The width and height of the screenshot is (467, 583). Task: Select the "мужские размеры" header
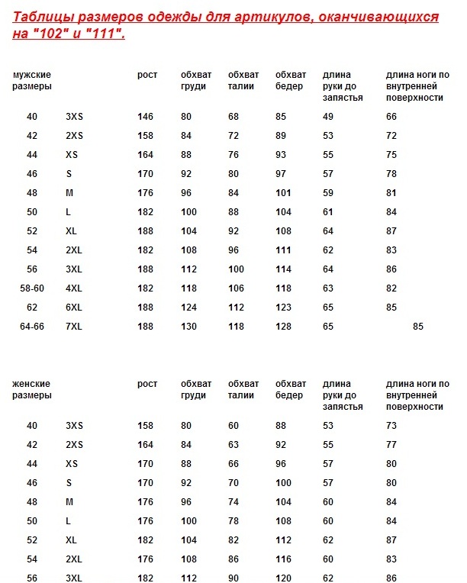click(32, 80)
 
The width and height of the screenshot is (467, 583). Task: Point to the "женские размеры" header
click(32, 389)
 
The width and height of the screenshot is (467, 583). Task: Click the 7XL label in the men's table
click(74, 327)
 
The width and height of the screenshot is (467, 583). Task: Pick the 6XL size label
click(74, 308)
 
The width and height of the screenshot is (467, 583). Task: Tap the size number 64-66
click(32, 327)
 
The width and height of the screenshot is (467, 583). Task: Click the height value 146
click(145, 117)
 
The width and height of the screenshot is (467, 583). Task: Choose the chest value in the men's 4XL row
click(188, 288)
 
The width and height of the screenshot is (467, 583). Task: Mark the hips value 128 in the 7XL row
click(283, 327)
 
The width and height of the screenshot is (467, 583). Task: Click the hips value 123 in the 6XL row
click(283, 308)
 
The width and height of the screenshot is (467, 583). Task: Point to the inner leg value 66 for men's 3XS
click(391, 117)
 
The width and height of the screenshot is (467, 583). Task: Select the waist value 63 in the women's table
click(233, 444)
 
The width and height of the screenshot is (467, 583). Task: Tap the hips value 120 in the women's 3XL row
click(283, 578)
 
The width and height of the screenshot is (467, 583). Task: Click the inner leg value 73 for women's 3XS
click(391, 425)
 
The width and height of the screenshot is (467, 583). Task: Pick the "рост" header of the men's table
click(147, 75)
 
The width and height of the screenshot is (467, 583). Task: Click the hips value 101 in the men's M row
click(283, 193)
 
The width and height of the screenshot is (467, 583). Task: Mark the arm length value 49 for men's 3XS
click(328, 117)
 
